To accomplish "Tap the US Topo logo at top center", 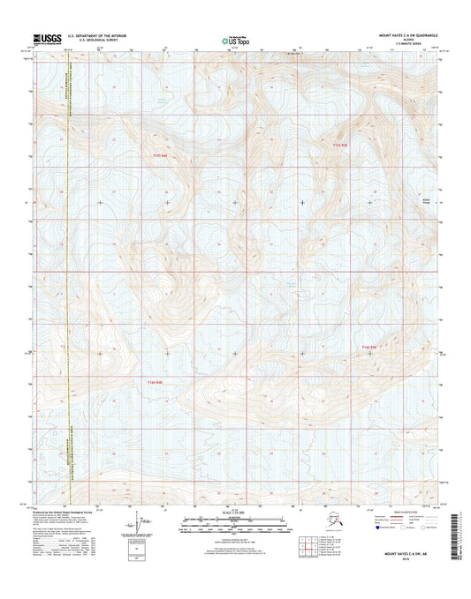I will (235, 39).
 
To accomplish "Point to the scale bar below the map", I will (235, 525).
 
